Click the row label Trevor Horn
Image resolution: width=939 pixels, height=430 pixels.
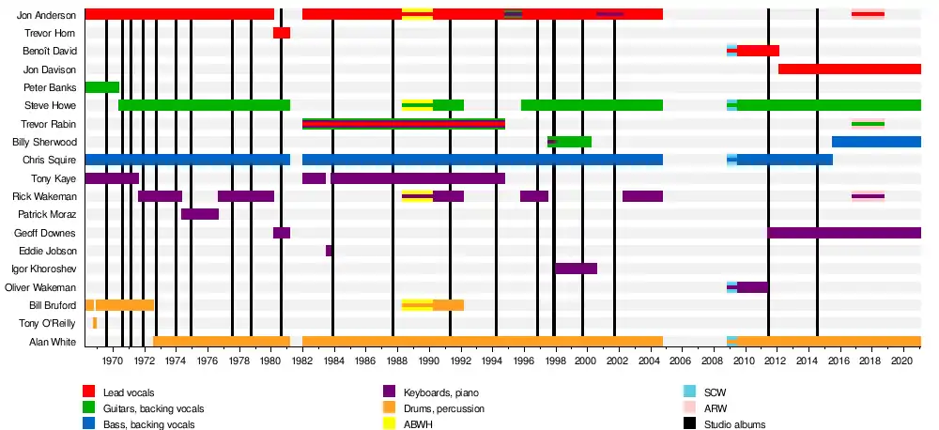point(50,33)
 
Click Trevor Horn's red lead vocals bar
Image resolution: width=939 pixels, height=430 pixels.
point(282,33)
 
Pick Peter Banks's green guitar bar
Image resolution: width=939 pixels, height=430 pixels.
point(101,87)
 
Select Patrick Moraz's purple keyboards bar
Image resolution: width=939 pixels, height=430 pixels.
point(200,214)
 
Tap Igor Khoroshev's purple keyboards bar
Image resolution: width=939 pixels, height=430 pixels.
point(576,269)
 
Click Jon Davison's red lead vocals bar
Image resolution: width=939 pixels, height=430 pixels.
point(850,69)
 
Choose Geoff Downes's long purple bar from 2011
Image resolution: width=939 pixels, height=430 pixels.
point(844,233)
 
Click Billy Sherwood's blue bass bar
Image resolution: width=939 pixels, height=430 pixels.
point(876,142)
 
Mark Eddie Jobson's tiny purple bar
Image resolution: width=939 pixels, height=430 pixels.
point(329,251)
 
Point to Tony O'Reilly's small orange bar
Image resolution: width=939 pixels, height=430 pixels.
point(95,323)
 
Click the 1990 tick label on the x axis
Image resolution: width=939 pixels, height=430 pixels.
point(428,360)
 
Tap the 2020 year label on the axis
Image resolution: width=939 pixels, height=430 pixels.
point(901,360)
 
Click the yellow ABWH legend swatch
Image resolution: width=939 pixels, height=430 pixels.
point(389,423)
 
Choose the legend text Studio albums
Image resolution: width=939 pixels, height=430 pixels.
point(733,424)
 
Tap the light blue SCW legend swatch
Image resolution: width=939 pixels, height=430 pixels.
point(689,392)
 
